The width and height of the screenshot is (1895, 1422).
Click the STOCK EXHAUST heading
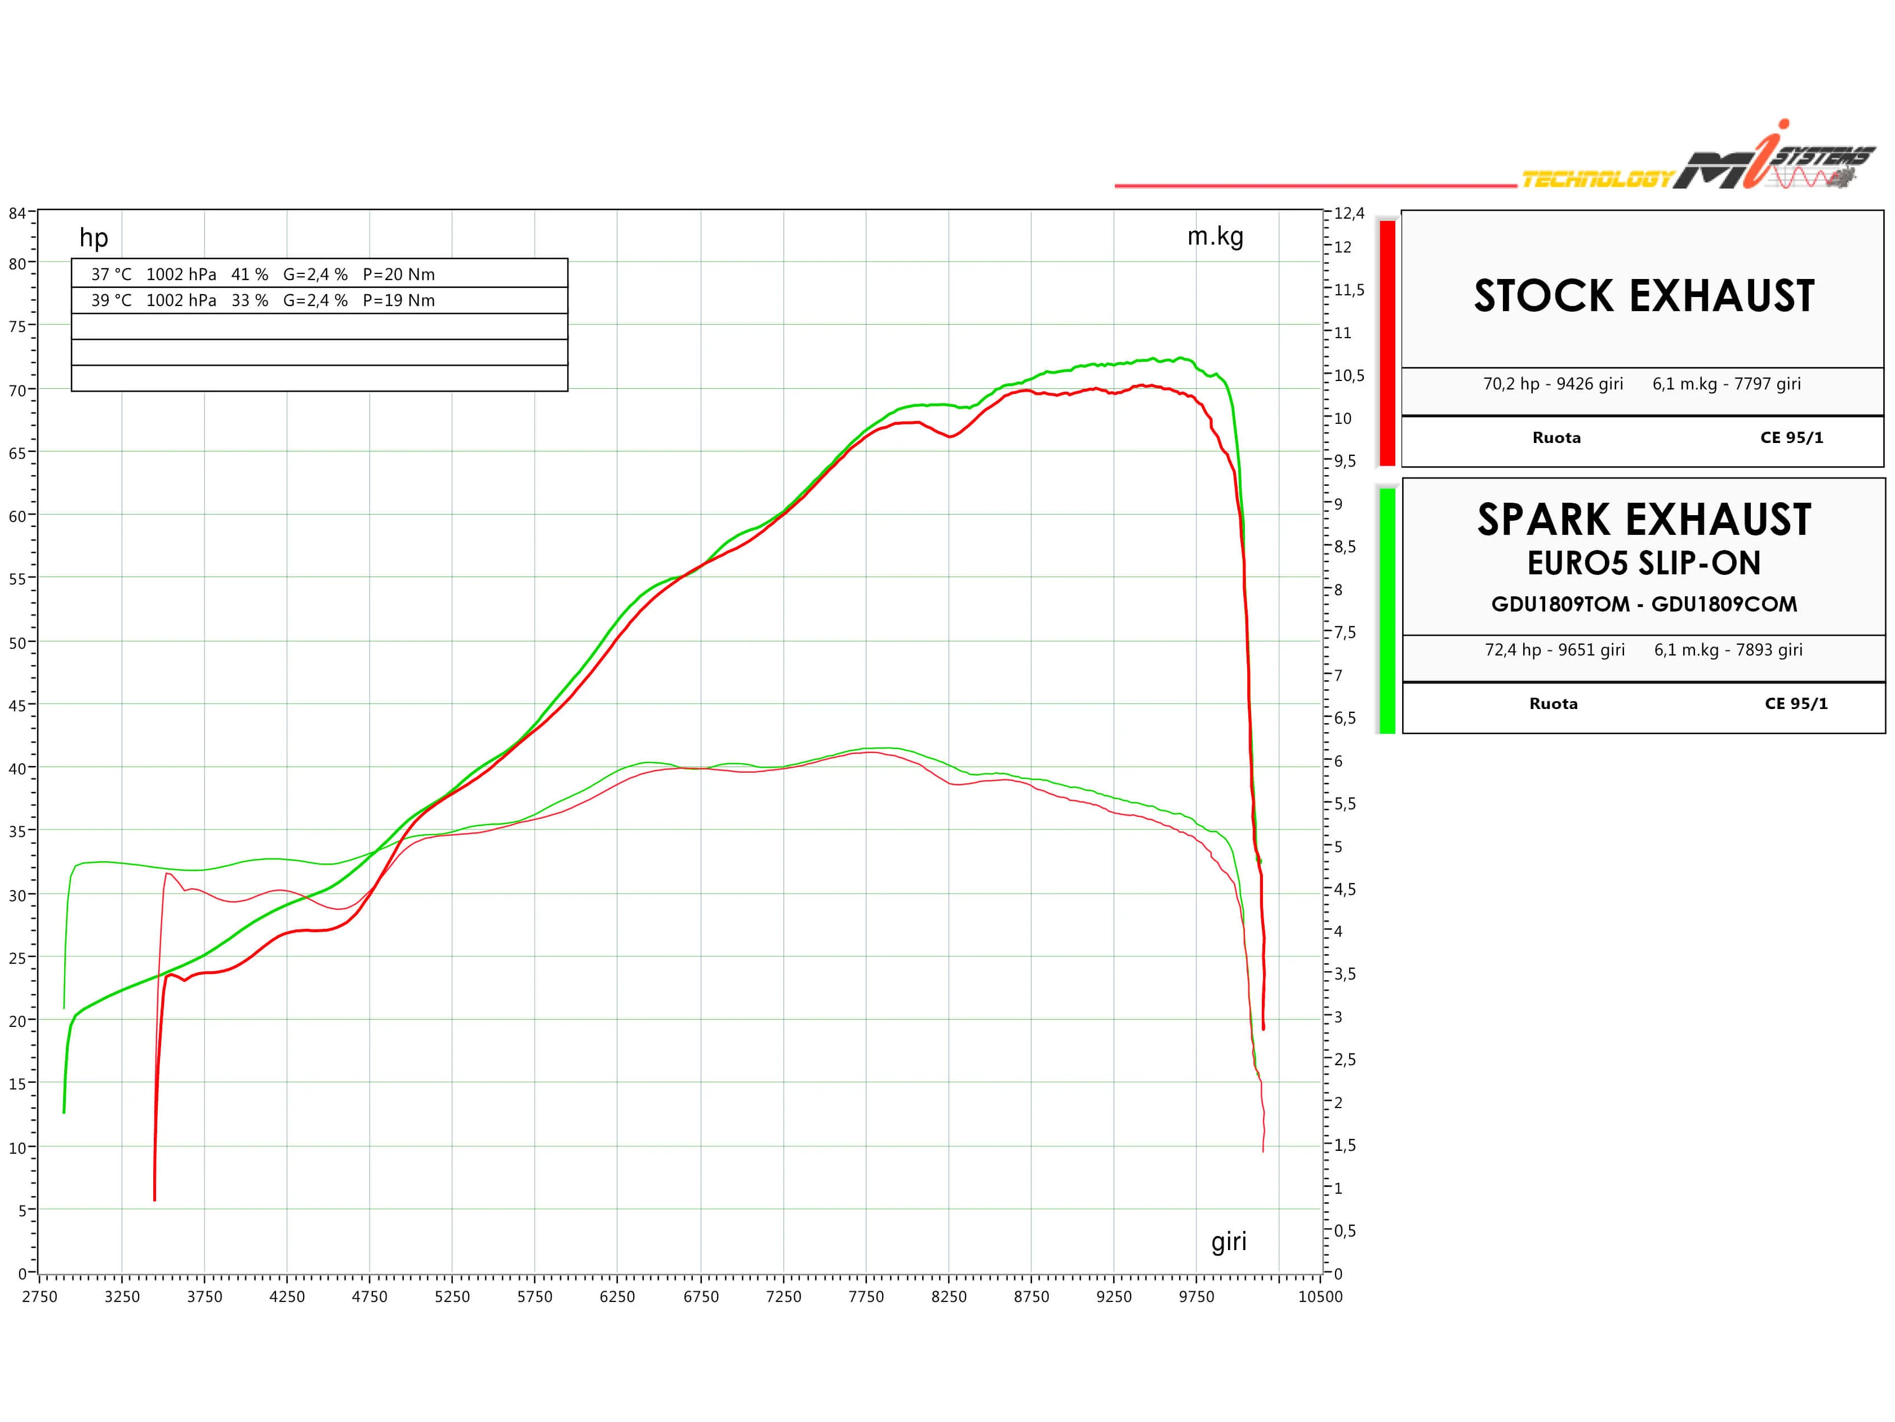point(1644,296)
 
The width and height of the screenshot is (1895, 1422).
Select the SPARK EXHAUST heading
point(1644,520)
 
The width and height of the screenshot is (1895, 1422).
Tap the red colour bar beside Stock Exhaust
point(1387,343)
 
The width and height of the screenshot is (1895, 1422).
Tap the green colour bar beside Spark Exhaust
point(1387,610)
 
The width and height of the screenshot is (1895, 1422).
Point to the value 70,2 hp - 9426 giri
point(1553,384)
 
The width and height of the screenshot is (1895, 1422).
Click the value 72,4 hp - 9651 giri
point(1555,650)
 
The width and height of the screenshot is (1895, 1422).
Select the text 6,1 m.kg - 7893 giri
point(1728,650)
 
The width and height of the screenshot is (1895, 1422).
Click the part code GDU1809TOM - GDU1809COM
point(1644,604)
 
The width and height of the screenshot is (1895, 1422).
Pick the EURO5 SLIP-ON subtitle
point(1644,563)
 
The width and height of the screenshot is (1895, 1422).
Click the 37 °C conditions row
point(263,274)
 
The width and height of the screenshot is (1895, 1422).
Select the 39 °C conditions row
point(263,300)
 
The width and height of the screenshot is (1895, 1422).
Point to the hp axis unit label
point(94,237)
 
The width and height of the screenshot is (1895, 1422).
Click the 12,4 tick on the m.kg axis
point(1349,214)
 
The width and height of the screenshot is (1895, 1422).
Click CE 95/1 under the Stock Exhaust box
point(1791,437)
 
